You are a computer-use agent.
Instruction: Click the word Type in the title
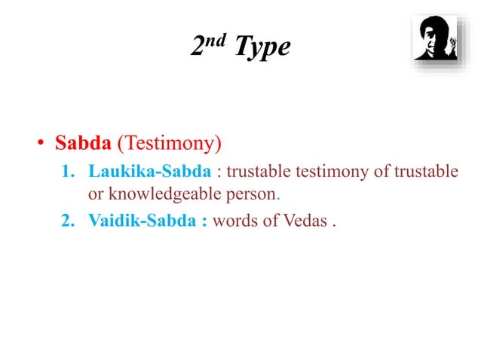pyautogui.click(x=262, y=47)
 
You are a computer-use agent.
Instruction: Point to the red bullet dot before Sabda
pyautogui.click(x=44, y=143)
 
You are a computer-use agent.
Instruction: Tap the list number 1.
pyautogui.click(x=66, y=171)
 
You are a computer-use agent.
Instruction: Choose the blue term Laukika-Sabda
pyautogui.click(x=149, y=171)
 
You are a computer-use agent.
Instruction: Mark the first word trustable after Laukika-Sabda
pyautogui.click(x=261, y=171)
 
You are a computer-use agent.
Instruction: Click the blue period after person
pyautogui.click(x=278, y=197)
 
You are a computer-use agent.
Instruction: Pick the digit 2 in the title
pyautogui.click(x=198, y=48)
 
